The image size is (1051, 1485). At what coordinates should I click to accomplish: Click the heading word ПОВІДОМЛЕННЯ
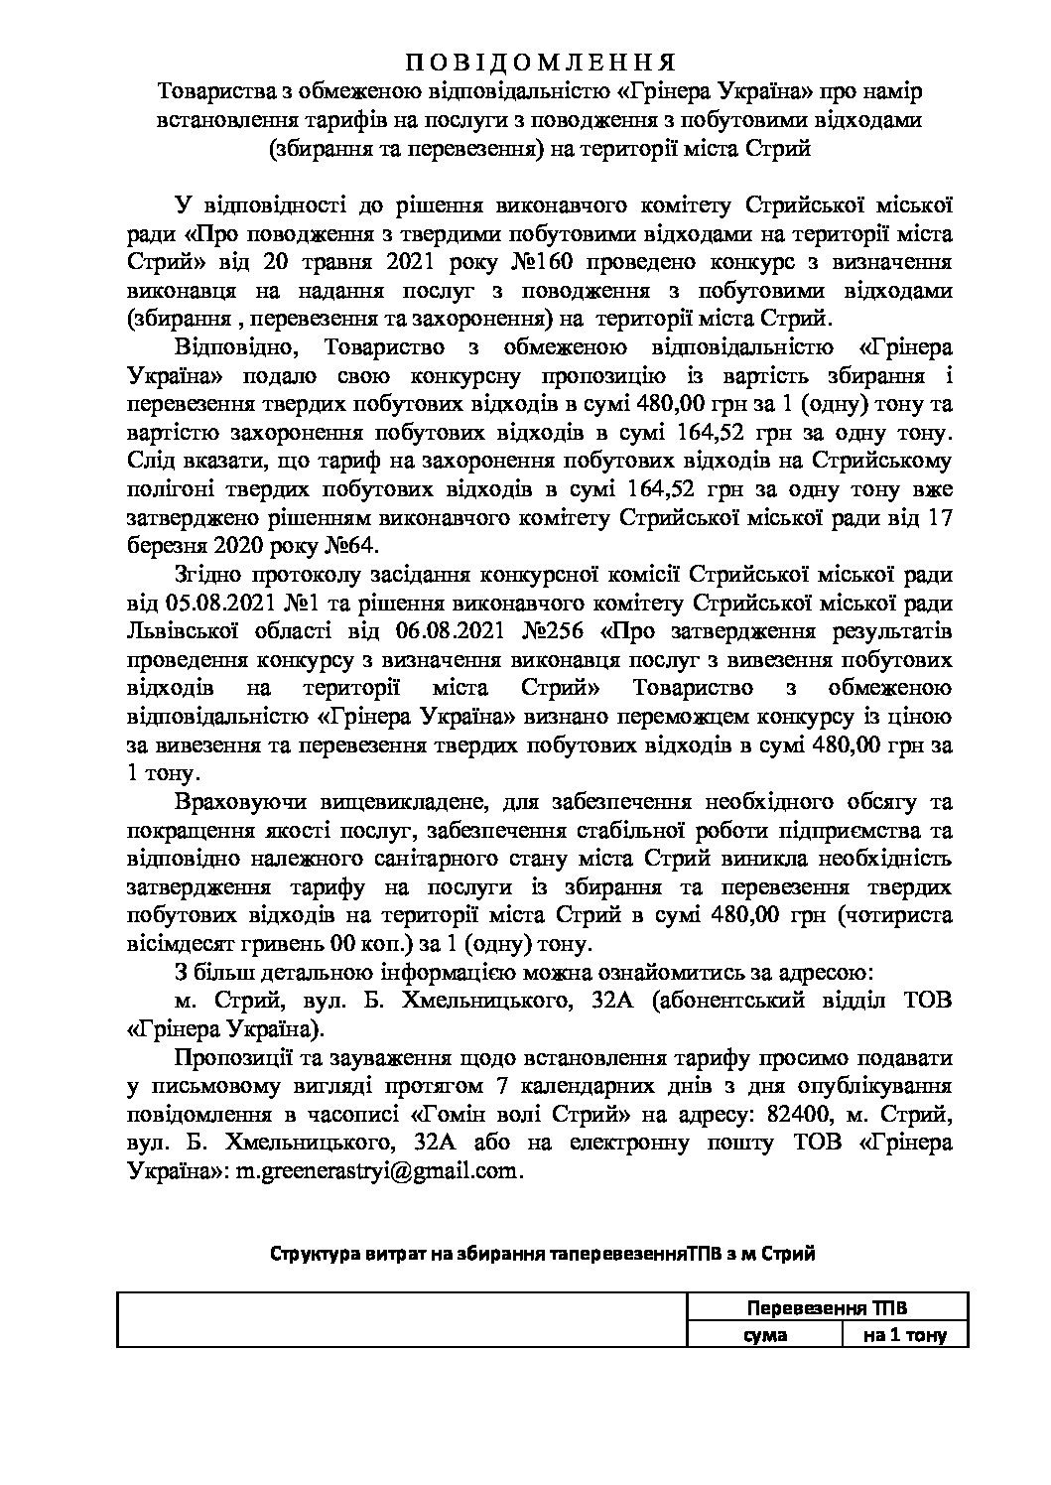[542, 62]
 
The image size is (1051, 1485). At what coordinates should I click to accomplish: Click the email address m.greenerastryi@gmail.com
[377, 1171]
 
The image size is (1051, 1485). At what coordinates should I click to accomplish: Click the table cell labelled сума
[766, 1335]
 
